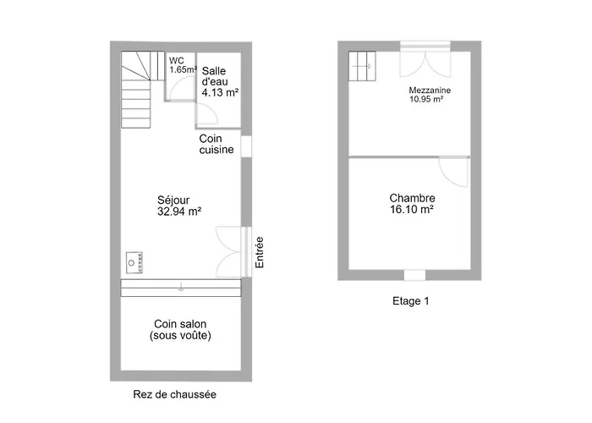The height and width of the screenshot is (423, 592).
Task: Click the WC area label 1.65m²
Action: point(184,69)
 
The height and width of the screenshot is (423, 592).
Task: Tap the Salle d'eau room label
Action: point(215,76)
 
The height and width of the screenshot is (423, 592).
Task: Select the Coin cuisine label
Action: point(217,144)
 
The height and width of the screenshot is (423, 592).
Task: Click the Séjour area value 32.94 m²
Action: point(179,211)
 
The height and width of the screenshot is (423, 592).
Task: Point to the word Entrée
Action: point(259,252)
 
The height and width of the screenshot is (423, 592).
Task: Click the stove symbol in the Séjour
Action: point(134,262)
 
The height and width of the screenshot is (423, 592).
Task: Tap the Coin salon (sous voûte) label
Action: point(180,330)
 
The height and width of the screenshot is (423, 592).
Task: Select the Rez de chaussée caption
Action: point(175,394)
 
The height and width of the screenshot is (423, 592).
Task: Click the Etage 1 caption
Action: point(411,301)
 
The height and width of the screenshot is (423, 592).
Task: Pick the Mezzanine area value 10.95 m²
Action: point(426,99)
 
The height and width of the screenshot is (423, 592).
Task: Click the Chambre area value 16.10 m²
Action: point(412,209)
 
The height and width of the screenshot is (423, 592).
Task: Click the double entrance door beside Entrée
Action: point(229,251)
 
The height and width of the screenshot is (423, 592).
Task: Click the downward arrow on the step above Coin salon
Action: point(181,287)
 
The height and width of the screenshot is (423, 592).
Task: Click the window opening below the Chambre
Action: point(414,275)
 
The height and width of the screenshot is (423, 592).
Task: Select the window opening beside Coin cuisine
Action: point(246,146)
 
